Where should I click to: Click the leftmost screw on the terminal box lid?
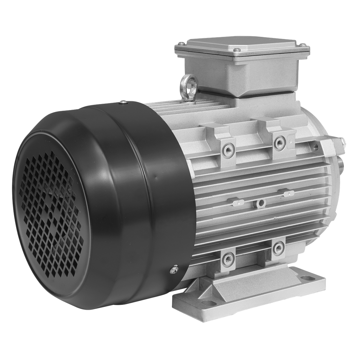tap(180, 43)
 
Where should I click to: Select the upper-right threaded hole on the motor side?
tap(280, 142)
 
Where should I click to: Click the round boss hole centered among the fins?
tap(260, 202)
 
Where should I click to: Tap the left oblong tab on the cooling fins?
tap(236, 202)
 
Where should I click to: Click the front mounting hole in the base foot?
tap(210, 303)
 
